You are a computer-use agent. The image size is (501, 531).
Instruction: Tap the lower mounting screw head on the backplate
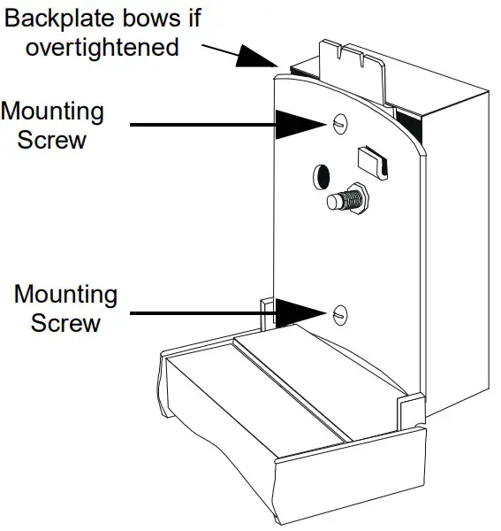(x=340, y=312)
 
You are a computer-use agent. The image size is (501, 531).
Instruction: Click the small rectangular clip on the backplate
(x=371, y=161)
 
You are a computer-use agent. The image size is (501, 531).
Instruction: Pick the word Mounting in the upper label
(x=52, y=112)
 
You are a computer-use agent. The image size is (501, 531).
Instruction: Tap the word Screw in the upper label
(x=52, y=140)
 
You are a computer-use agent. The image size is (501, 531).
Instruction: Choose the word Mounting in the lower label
(x=65, y=294)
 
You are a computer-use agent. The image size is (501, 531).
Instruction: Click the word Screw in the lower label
(x=65, y=322)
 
